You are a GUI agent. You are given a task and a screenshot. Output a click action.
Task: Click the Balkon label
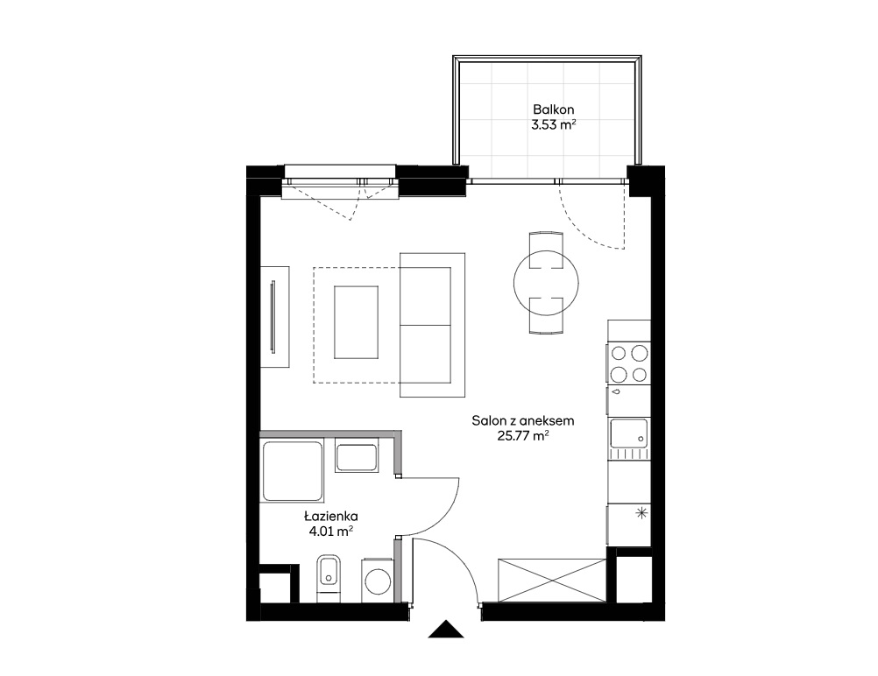click(x=553, y=109)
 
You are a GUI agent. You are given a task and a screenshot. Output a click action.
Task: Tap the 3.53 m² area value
click(x=553, y=125)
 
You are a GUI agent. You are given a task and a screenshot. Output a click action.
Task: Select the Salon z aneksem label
click(x=523, y=420)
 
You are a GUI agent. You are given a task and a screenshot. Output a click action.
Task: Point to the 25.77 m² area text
click(x=523, y=436)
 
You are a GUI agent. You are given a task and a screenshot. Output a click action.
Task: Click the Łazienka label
click(x=331, y=516)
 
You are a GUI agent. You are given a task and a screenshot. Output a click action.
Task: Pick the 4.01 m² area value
click(x=331, y=531)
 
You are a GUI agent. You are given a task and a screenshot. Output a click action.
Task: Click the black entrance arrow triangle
click(x=446, y=629)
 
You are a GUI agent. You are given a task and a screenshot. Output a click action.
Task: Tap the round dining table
click(x=546, y=283)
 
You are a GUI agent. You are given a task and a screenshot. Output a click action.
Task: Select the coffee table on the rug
click(x=356, y=321)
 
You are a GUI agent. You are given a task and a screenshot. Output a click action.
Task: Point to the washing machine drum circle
click(x=378, y=582)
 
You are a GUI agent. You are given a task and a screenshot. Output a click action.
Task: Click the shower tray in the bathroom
click(x=293, y=470)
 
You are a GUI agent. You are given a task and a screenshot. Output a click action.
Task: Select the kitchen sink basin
click(x=629, y=433)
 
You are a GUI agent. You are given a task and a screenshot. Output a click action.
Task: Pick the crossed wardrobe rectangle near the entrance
click(x=551, y=580)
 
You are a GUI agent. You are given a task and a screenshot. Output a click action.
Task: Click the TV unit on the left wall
click(x=275, y=317)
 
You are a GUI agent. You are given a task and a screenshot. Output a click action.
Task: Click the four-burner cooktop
click(x=629, y=363)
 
